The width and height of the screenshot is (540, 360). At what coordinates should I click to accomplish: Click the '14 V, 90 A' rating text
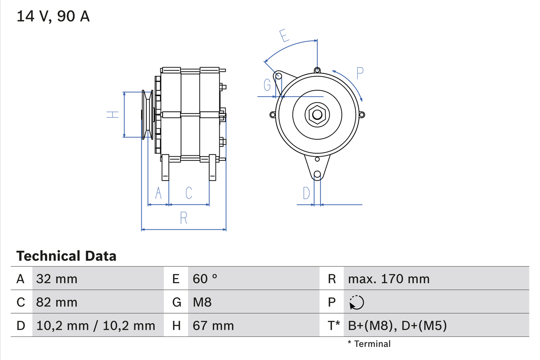(53, 16)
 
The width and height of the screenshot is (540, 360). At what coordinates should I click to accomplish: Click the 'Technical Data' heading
(66, 256)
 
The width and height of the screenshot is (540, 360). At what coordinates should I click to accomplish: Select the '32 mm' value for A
(57, 279)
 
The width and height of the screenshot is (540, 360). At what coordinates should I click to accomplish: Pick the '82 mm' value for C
(57, 302)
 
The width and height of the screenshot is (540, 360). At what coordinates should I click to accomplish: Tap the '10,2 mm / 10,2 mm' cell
(96, 325)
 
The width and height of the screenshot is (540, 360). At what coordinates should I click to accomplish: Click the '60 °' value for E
(205, 279)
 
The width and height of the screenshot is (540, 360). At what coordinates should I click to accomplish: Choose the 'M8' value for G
(202, 302)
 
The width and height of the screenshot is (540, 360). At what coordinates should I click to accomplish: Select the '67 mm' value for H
(213, 325)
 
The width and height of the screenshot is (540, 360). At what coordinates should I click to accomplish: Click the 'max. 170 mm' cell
(389, 279)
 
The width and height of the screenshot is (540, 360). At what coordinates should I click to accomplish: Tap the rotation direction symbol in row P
(356, 303)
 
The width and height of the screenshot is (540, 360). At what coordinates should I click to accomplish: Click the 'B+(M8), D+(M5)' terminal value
(397, 325)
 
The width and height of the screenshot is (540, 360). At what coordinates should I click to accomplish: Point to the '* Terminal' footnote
(369, 344)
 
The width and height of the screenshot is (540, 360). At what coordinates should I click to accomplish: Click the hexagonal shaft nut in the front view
(317, 114)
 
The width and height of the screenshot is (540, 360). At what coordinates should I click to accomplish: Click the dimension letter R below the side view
(184, 218)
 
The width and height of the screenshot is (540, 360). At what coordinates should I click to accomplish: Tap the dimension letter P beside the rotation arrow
(359, 73)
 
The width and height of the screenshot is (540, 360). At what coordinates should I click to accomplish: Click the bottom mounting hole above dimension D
(317, 174)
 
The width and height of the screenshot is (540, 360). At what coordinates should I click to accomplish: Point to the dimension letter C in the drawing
(189, 193)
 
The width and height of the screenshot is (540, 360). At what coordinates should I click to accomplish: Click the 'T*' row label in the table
(334, 325)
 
